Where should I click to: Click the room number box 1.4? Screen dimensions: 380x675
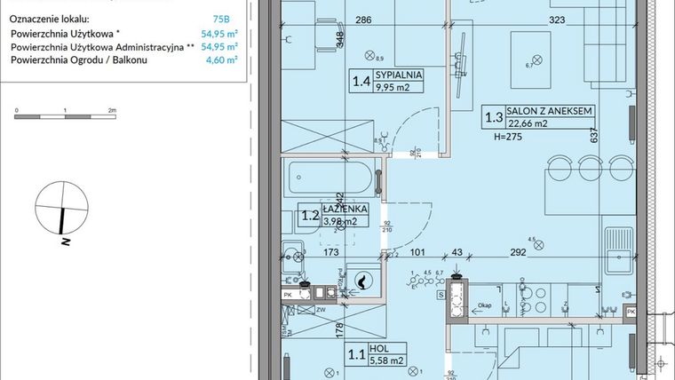click(361, 82)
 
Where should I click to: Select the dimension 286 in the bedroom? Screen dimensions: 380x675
click(337, 18)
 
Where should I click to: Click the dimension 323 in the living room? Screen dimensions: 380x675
click(556, 18)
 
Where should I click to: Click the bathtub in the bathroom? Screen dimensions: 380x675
click(331, 182)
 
